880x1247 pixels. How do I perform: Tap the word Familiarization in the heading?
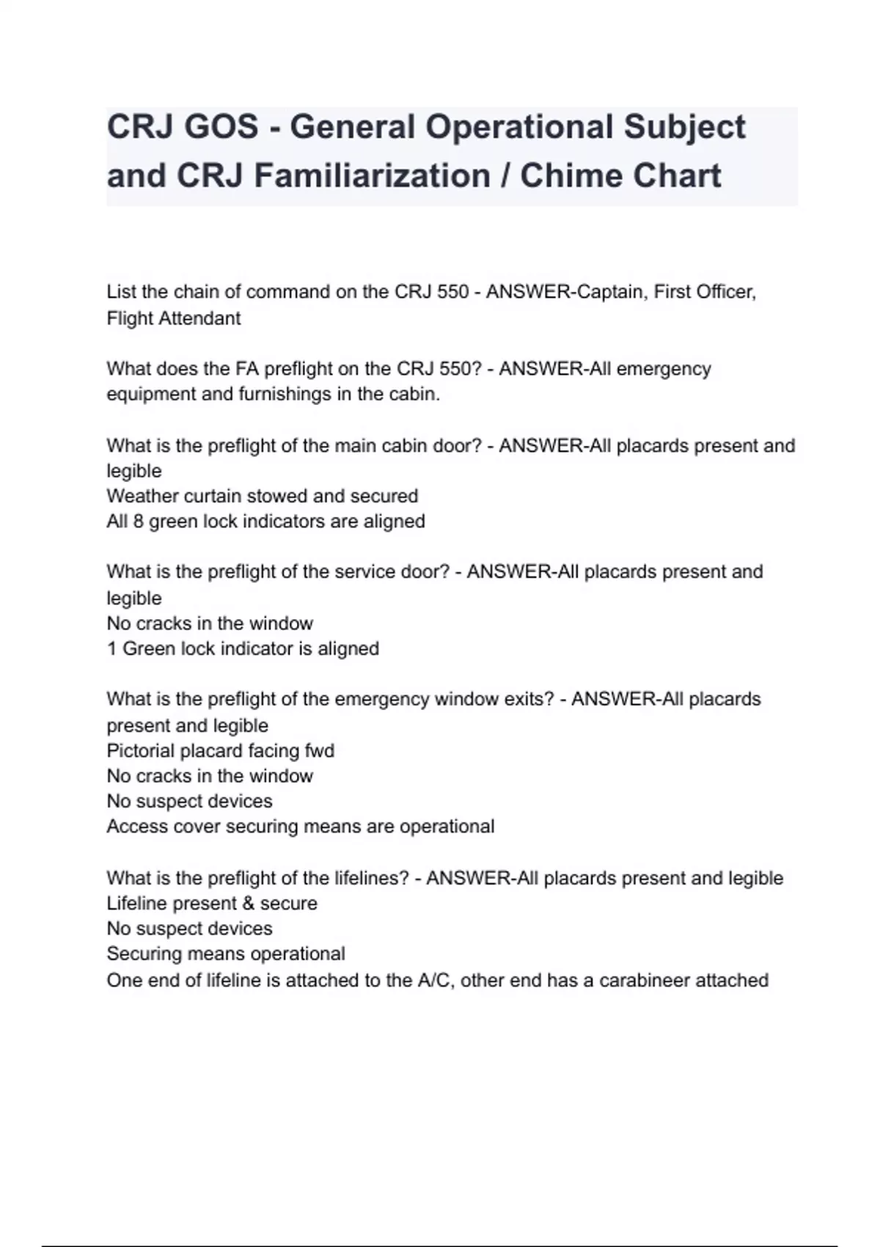pos(371,175)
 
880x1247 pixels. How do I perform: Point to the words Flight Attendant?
pos(174,318)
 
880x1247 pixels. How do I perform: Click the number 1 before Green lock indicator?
pos(111,648)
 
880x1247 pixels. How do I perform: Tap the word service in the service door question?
pos(365,571)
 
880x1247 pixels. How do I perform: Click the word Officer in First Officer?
pos(724,292)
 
